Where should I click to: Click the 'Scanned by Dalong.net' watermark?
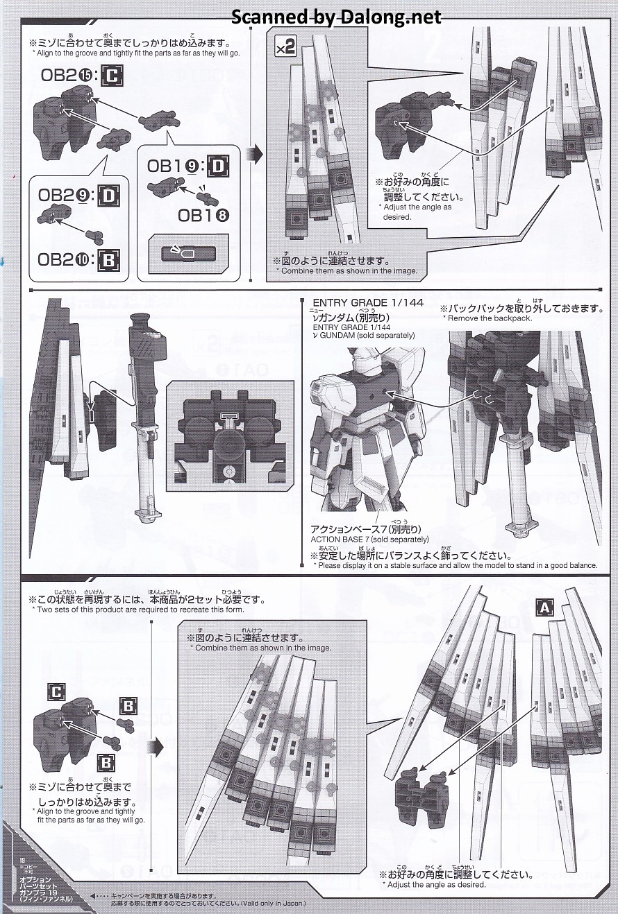click(x=336, y=17)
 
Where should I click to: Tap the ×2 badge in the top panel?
click(x=286, y=48)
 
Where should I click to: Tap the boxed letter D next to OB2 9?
click(x=109, y=197)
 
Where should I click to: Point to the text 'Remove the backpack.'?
click(x=489, y=318)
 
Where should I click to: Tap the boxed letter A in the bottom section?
click(x=544, y=607)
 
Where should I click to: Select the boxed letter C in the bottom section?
click(x=56, y=691)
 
